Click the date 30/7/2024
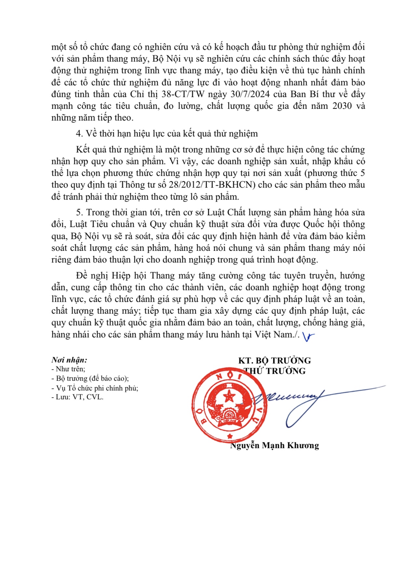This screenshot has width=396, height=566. (249, 94)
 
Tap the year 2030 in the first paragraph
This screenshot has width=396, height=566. (342, 106)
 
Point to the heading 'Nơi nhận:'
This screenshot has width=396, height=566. (69, 360)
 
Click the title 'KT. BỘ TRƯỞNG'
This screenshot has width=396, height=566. (274, 361)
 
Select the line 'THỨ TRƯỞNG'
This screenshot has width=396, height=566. (275, 371)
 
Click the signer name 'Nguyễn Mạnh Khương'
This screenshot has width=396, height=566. (274, 445)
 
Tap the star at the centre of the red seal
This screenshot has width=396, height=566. (229, 397)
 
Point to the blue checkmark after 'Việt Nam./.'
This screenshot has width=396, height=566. (308, 337)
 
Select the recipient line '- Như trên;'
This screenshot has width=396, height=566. (68, 369)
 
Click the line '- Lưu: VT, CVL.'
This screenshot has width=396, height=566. (77, 397)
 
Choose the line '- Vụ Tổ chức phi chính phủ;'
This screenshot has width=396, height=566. (95, 388)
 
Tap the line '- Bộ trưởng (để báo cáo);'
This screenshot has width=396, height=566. (90, 378)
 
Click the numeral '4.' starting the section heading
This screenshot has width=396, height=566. (79, 134)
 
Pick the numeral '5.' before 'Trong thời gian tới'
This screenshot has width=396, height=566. (79, 212)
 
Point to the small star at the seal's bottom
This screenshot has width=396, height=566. (230, 436)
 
